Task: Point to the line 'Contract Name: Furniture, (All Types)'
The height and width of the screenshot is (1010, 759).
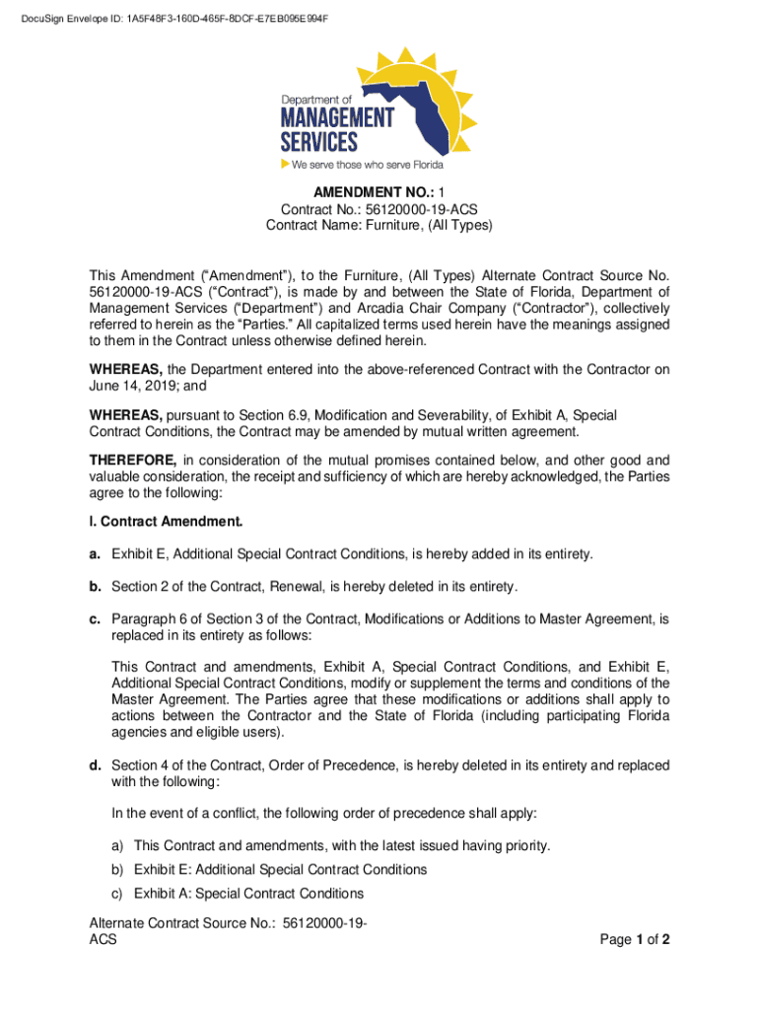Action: coord(379,226)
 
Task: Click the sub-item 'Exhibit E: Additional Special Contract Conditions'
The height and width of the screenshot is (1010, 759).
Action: coord(280,870)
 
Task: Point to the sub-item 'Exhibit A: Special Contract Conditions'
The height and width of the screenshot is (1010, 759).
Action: coord(248,894)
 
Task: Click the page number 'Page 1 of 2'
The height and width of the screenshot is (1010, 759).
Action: coord(635,940)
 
